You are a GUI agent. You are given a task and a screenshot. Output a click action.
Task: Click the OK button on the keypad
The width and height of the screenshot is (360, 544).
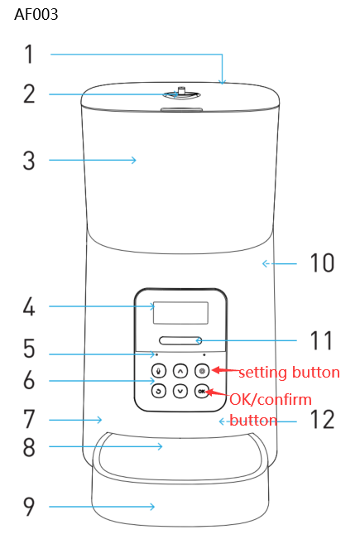point(201,392)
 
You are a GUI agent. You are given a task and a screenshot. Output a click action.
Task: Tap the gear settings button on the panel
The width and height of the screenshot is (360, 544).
point(202,371)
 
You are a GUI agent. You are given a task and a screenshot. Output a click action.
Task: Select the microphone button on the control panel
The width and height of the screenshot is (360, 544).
point(159,371)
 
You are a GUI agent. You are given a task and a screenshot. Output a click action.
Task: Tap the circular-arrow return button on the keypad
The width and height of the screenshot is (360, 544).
point(159,392)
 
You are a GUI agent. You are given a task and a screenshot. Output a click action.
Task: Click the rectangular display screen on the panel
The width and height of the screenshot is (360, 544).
point(180,313)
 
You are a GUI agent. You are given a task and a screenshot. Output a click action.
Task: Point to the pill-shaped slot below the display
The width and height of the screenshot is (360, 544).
point(180,340)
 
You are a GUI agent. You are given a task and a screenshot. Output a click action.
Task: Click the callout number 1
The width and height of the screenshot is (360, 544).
point(30,54)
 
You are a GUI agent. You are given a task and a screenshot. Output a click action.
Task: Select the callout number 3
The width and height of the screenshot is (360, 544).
point(29,161)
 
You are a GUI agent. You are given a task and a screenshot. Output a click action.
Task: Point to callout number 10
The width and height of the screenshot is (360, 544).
point(322,262)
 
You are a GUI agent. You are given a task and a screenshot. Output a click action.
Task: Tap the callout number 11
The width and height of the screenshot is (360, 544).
point(321,340)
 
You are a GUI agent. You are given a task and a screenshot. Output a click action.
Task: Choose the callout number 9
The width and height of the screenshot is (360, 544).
point(29,507)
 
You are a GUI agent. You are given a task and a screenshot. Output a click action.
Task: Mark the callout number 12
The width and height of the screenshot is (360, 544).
point(322,420)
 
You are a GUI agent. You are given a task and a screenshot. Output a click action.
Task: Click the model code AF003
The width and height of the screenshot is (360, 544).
point(36,15)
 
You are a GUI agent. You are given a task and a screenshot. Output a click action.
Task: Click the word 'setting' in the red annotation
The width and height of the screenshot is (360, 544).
point(263,373)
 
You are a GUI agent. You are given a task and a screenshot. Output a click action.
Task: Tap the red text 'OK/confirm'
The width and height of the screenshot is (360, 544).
point(271,400)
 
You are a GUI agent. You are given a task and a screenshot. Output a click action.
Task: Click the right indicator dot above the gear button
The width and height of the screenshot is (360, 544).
point(204,354)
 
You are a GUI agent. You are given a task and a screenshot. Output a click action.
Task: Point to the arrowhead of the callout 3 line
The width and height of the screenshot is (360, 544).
point(133,160)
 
